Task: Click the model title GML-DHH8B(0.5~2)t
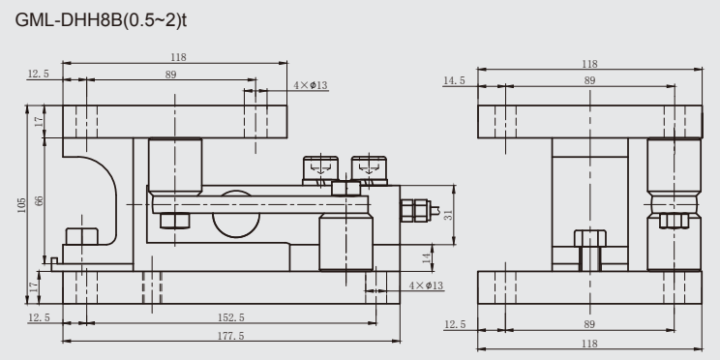(x=101, y=20)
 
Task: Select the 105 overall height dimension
(x=21, y=205)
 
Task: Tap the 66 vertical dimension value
(x=40, y=200)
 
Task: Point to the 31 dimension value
(x=448, y=215)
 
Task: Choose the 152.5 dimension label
(x=231, y=317)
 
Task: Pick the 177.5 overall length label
(x=231, y=336)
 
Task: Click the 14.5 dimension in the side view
(x=454, y=81)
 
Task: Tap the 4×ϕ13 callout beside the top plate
(x=311, y=85)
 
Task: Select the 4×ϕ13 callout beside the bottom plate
(x=426, y=285)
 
